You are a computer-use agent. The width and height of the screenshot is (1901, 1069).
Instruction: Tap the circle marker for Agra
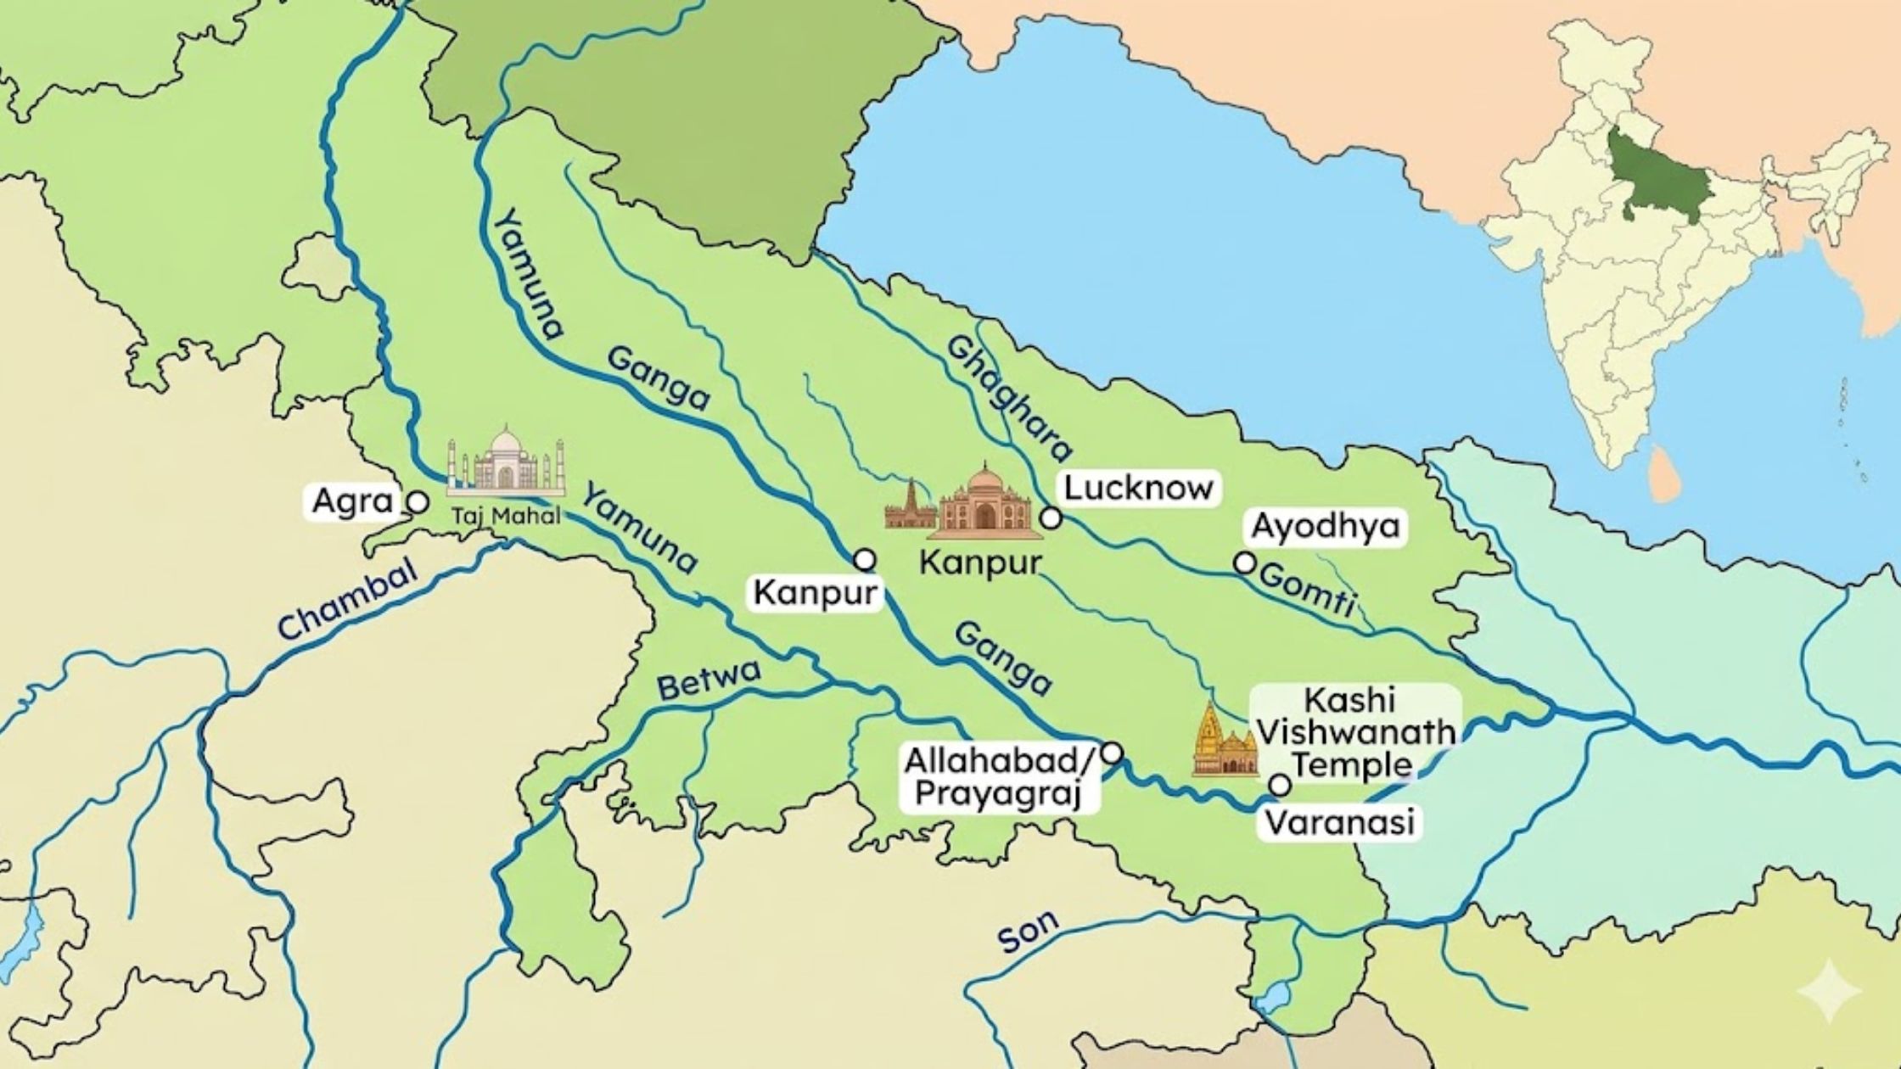(418, 502)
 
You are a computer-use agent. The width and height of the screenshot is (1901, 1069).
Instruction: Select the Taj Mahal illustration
(506, 462)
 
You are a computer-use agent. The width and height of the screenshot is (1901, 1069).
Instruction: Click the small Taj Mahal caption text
(506, 516)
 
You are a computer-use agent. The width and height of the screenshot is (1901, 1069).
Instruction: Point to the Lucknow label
(1138, 488)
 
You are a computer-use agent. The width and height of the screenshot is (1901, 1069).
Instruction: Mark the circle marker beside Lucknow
(1051, 518)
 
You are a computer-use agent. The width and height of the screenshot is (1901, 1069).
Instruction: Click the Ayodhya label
(1325, 526)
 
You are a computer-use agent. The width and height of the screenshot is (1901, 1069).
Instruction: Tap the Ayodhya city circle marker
(1244, 562)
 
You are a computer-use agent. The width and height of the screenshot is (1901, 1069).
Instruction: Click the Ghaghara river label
(1009, 399)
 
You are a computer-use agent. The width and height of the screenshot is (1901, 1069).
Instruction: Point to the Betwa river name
(709, 680)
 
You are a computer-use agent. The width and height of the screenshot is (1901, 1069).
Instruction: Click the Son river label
(1028, 931)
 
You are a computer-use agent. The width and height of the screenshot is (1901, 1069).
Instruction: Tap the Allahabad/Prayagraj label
(1001, 778)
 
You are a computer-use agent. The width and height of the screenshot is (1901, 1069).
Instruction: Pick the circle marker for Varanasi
(1280, 786)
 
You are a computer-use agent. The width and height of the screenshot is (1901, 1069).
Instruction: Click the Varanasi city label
(1338, 822)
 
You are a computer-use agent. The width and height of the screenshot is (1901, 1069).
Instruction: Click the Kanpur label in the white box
(814, 593)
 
